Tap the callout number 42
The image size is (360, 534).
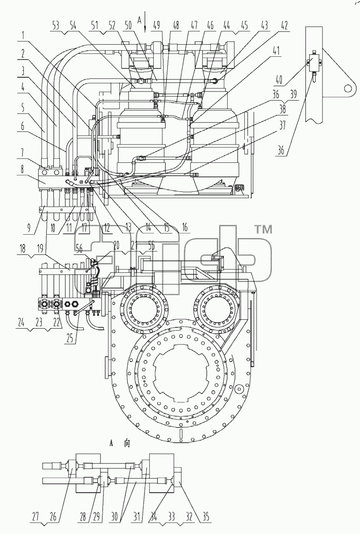pyautogui.click(x=284, y=25)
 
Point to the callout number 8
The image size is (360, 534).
pyautogui.click(x=22, y=170)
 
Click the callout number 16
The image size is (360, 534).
pyautogui.click(x=185, y=227)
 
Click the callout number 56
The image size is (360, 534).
pyautogui.click(x=79, y=249)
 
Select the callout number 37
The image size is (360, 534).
pyautogui.click(x=282, y=125)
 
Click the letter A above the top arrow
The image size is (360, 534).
pyautogui.click(x=139, y=21)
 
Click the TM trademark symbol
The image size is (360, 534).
pyautogui.click(x=264, y=230)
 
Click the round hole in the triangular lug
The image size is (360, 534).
pyautogui.click(x=348, y=89)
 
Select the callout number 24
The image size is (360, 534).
pyautogui.click(x=21, y=323)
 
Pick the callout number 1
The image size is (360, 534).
pyautogui.click(x=23, y=36)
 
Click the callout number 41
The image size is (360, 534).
pyautogui.click(x=276, y=51)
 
